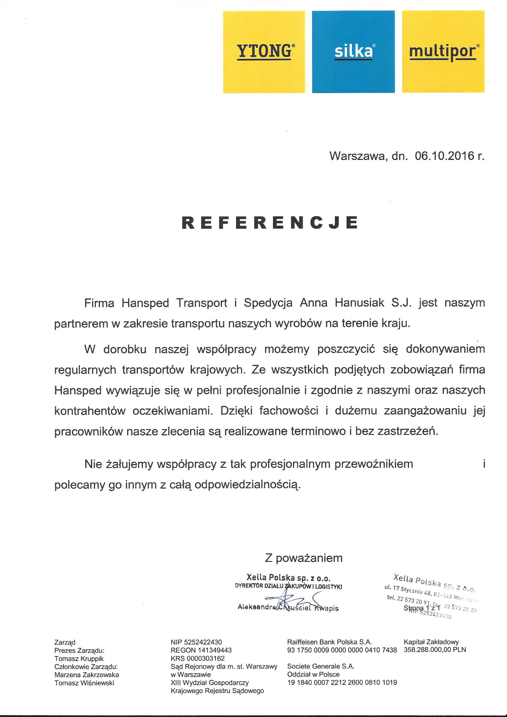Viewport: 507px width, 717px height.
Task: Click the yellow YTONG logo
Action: pyautogui.click(x=264, y=52)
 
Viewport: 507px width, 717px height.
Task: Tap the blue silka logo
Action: pyautogui.click(x=353, y=52)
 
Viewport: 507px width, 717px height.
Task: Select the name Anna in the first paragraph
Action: pyautogui.click(x=313, y=303)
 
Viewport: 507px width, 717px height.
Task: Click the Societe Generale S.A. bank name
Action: pyautogui.click(x=321, y=666)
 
